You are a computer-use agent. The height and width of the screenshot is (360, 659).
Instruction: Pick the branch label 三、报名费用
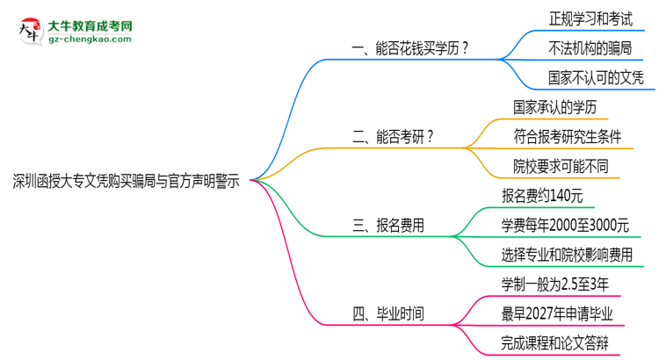388,225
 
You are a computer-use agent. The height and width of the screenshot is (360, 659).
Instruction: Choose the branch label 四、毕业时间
388,313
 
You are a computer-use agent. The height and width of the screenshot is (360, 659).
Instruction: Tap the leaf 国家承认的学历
555,106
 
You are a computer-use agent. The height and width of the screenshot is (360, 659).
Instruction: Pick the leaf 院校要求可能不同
561,165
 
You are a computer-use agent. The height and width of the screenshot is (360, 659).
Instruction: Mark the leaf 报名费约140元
541,195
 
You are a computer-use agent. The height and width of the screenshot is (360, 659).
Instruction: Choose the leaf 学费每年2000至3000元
565,225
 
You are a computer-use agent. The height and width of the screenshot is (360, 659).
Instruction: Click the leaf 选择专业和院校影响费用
568,255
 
